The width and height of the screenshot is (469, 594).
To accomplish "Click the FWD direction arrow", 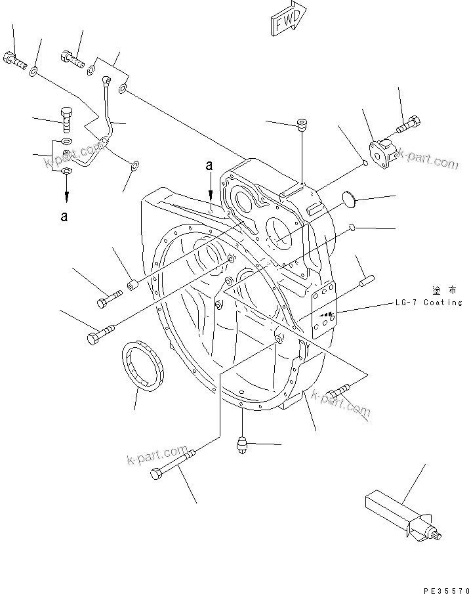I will pyautogui.click(x=287, y=17).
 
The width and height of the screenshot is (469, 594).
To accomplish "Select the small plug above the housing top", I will pyautogui.click(x=302, y=123).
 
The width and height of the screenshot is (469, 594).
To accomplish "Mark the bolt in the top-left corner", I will pyautogui.click(x=14, y=60).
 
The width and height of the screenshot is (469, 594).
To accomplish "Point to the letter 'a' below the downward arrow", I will pyautogui.click(x=64, y=217).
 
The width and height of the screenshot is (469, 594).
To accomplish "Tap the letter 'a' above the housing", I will pyautogui.click(x=209, y=167).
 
